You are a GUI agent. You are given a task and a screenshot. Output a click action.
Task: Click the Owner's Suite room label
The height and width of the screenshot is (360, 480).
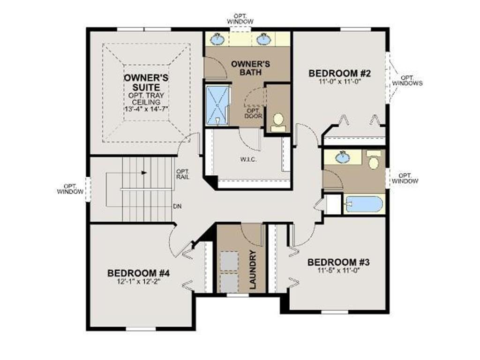pos(146,82)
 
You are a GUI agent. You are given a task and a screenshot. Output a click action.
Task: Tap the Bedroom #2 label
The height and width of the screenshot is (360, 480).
pos(339,74)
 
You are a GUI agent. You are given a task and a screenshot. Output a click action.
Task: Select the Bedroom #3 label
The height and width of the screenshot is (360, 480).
pos(338,262)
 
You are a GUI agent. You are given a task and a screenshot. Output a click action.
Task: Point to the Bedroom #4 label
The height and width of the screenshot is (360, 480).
pos(138,273)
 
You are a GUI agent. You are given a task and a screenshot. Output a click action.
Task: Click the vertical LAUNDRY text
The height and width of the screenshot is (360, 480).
pos(253,270)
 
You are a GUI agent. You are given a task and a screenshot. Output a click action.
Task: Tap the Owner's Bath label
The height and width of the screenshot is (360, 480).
pos(250,68)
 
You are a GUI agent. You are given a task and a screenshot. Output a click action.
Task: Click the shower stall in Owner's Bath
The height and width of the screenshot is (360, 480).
pos(217,105)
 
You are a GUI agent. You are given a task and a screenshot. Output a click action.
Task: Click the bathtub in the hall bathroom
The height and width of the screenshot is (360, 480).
pos(364,204)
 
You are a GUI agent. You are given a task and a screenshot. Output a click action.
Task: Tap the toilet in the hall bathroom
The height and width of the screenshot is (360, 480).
pos(374,159)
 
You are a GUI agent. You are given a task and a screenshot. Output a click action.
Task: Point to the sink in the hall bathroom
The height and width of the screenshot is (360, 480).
pos(343,157)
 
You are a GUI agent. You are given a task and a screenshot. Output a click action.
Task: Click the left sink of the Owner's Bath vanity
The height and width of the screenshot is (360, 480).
pos(217,38)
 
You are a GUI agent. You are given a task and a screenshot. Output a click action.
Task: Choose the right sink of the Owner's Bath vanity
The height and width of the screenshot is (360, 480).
pos(262,38)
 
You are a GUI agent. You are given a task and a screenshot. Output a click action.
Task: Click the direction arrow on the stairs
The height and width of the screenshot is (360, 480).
pos(144,172)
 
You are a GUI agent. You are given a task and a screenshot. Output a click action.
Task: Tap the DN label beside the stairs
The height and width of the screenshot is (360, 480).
pos(177,206)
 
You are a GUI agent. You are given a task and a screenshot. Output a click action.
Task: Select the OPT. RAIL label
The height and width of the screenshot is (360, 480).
pos(183,174)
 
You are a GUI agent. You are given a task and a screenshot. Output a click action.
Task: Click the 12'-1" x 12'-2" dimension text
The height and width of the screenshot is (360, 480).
pos(138,282)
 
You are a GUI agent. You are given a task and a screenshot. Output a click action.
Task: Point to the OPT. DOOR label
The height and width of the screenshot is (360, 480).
pos(254,113)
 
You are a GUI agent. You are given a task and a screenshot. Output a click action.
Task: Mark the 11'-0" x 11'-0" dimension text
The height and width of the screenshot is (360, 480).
pos(339,82)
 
